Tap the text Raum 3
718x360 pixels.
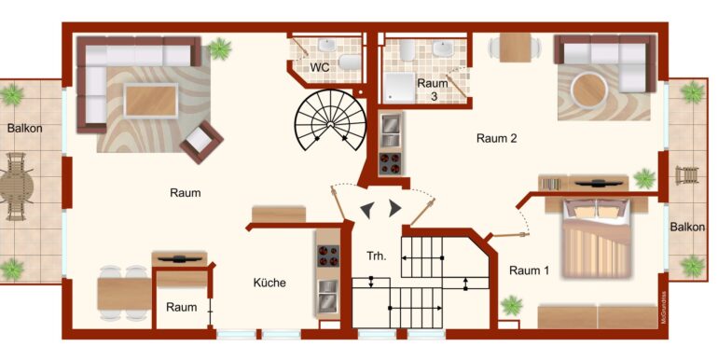coord(433,90)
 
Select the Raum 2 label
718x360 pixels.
coord(497,138)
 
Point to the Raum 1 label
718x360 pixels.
coord(529,270)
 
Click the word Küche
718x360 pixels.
coord(269,283)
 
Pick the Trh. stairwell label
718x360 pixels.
coord(377,256)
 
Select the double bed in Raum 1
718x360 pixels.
coord(597,238)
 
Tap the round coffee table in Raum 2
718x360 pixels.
coord(589,91)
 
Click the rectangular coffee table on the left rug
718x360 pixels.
coord(151,101)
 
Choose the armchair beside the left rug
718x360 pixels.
coord(201,142)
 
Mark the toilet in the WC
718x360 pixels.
coord(350,62)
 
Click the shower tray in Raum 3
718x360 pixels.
coord(398,87)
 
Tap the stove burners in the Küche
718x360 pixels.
coord(328,256)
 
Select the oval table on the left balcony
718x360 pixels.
coord(16,187)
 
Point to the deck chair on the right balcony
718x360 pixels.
coord(687,175)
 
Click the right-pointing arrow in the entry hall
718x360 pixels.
coord(394,208)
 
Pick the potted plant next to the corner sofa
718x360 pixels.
coord(220,48)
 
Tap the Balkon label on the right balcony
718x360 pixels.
coord(687,228)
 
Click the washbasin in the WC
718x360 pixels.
coord(327,45)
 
